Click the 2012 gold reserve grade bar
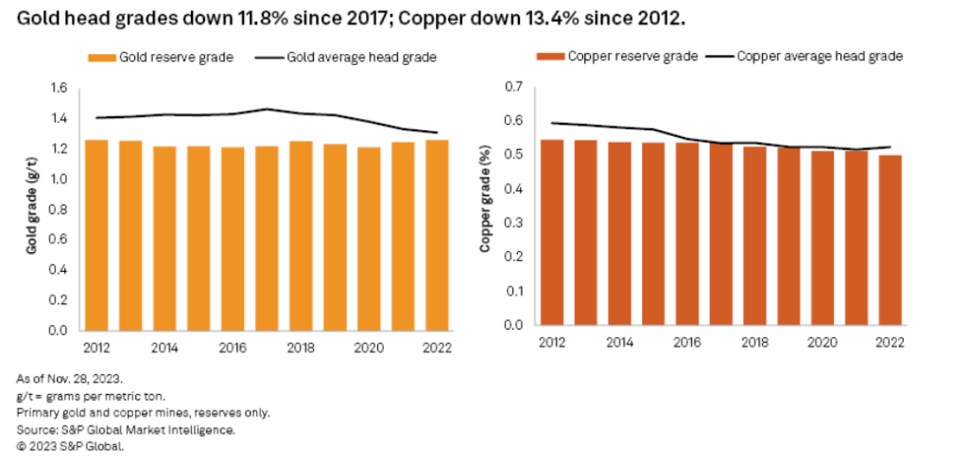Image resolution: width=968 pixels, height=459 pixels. [96, 235]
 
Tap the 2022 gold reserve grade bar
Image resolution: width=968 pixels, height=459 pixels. [437, 235]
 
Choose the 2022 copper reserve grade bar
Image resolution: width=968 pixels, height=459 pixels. [890, 240]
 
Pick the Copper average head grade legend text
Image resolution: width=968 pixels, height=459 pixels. [819, 57]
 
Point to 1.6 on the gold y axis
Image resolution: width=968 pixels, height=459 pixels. [59, 88]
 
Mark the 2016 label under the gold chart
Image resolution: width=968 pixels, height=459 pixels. [233, 347]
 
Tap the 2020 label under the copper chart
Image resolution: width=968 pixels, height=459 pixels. [822, 342]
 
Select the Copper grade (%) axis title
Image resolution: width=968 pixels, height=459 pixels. [485, 210]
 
